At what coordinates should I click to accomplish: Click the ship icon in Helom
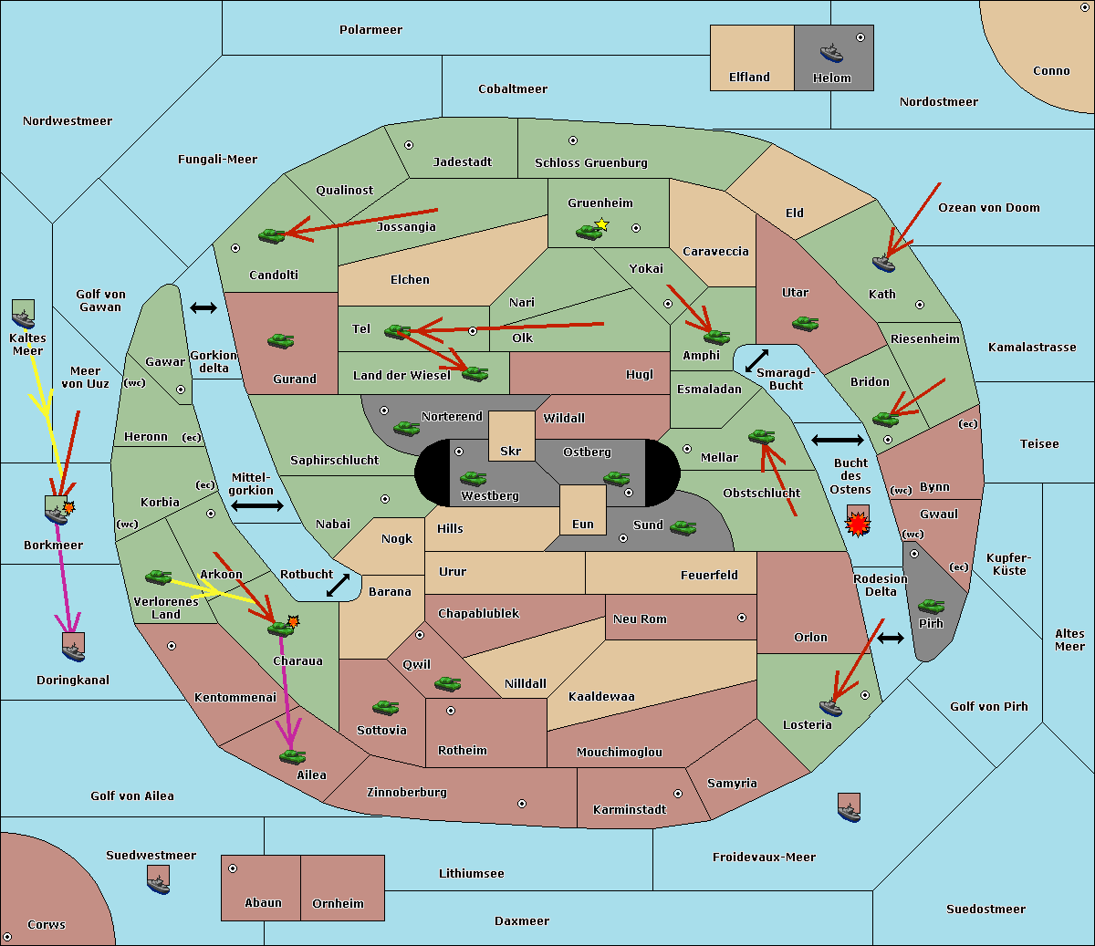click(x=831, y=53)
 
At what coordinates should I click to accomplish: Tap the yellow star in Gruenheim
click(x=602, y=224)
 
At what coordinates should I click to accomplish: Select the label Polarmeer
click(x=370, y=30)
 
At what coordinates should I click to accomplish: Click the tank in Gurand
click(x=281, y=340)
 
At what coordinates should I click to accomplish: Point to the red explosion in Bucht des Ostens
click(x=858, y=525)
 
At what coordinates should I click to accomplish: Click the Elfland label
click(x=749, y=78)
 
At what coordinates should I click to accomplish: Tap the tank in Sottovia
click(x=386, y=707)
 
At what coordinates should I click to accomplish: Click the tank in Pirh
click(x=931, y=606)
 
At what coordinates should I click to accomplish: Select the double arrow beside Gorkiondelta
click(x=203, y=307)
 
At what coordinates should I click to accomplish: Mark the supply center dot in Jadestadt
click(x=409, y=145)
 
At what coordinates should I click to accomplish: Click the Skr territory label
click(x=511, y=451)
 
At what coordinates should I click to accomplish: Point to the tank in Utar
click(x=805, y=323)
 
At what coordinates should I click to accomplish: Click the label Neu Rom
click(x=640, y=619)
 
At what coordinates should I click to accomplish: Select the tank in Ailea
click(x=292, y=756)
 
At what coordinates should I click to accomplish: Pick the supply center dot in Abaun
click(x=233, y=868)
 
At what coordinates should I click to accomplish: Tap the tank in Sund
click(x=683, y=527)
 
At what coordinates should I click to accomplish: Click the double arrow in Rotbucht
click(x=339, y=586)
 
